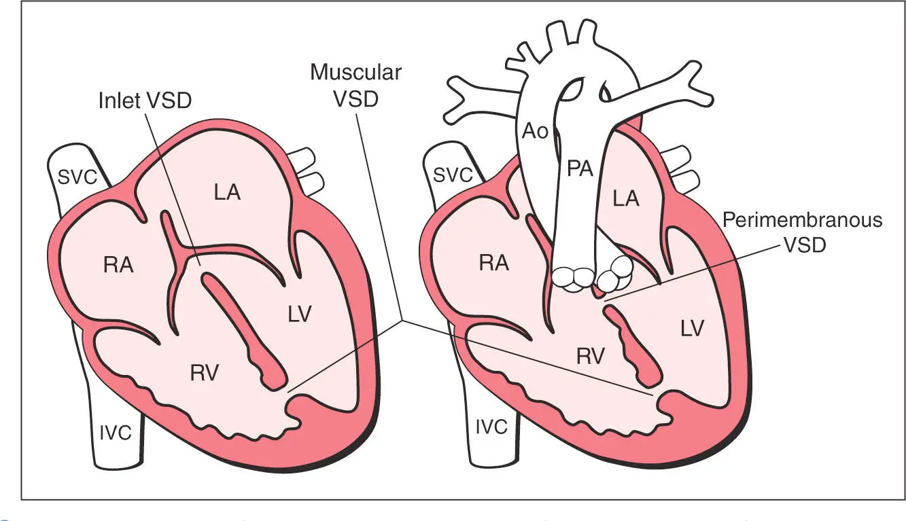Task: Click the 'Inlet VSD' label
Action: coord(145,101)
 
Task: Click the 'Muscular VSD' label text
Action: coord(355,85)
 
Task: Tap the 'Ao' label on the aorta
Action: coord(535,132)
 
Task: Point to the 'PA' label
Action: coord(580,169)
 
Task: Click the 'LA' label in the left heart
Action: coord(227,192)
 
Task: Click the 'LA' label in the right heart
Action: coord(625,198)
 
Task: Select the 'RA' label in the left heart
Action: coord(118,266)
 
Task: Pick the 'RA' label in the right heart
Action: coord(494,264)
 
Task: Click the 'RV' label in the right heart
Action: coord(590,355)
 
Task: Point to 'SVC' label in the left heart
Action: coord(75,177)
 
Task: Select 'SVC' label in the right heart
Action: coord(452,175)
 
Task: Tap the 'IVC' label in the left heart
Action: coord(115,433)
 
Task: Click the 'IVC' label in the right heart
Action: coord(491,427)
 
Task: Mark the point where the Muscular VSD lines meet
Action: coord(403,320)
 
